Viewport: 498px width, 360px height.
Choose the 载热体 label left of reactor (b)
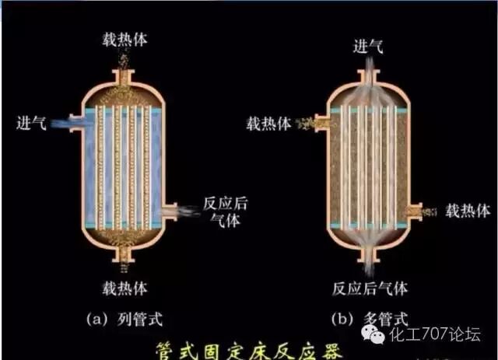click(x=269, y=124)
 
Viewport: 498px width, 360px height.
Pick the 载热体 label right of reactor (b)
click(x=468, y=211)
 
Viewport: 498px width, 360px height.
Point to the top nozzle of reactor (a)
click(x=122, y=75)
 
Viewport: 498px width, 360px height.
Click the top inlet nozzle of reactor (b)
click(x=368, y=75)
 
